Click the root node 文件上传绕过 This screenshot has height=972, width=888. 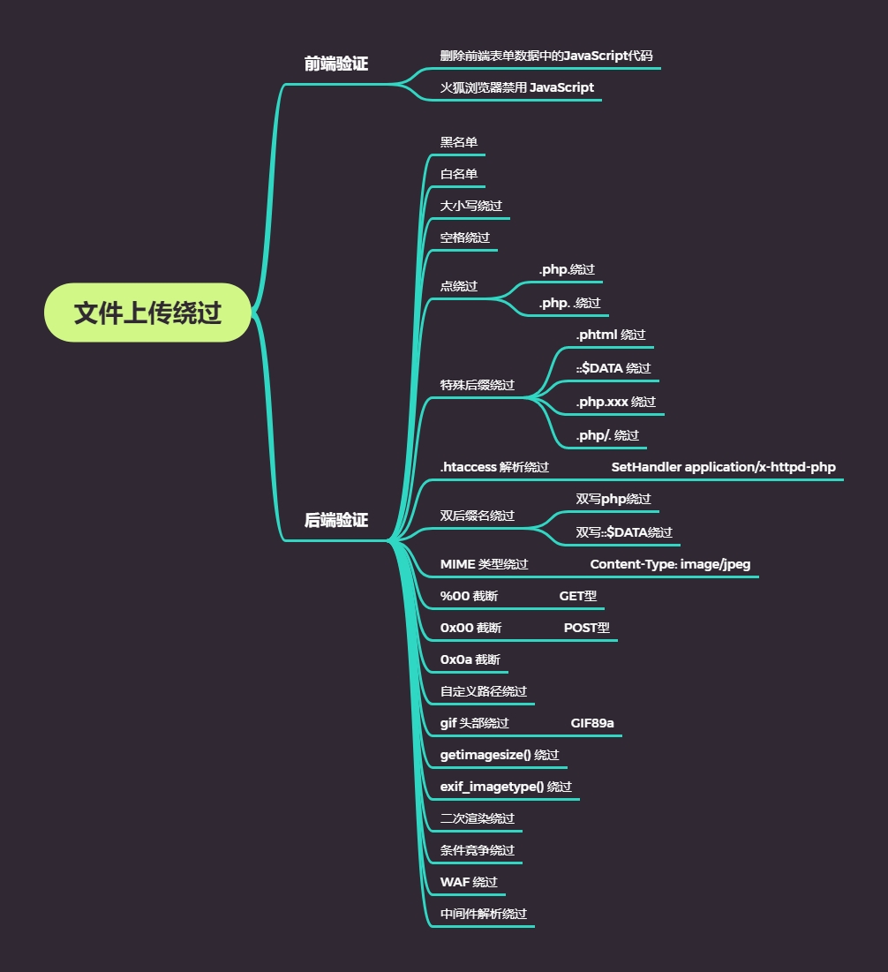click(x=147, y=313)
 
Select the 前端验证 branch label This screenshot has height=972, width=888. click(x=335, y=64)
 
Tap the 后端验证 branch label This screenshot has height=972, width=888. click(x=335, y=521)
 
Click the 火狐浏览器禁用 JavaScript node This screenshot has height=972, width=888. click(x=516, y=87)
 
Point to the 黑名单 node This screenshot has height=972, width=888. click(x=459, y=142)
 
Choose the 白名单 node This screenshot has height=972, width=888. click(x=459, y=174)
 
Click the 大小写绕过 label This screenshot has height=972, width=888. click(x=471, y=206)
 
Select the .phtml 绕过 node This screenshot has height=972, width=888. click(x=610, y=335)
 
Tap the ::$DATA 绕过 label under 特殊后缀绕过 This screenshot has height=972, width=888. click(x=613, y=368)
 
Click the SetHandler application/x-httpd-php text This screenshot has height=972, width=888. click(x=723, y=467)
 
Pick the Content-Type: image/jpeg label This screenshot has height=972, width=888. click(x=670, y=564)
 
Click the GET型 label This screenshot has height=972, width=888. click(x=577, y=596)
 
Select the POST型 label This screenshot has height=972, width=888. click(x=586, y=628)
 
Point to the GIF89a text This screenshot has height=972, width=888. click(x=592, y=723)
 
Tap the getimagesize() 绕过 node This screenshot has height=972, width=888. click(x=500, y=755)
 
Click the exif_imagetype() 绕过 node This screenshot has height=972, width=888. click(x=506, y=787)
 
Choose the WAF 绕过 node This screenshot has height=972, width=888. click(x=469, y=882)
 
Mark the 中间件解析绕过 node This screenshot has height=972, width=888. click(x=484, y=914)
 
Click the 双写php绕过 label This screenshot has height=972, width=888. click(x=613, y=499)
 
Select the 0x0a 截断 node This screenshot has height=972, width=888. click(x=470, y=659)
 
